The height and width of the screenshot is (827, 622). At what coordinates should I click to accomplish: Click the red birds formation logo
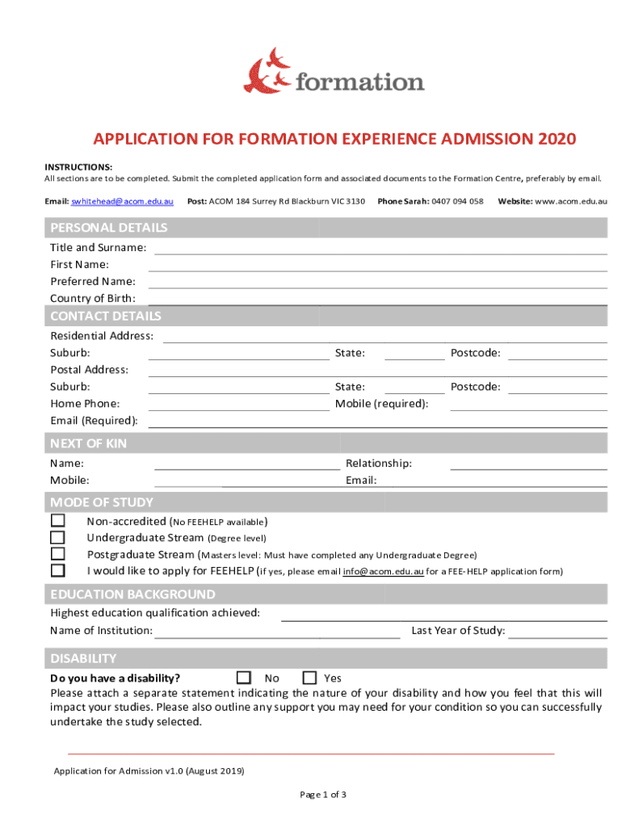(267, 70)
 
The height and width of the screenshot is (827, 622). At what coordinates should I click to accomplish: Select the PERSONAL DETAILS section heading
(109, 228)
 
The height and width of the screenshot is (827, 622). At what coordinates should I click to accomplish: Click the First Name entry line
(377, 266)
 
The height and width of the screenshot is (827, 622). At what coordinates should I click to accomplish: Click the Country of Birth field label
(93, 299)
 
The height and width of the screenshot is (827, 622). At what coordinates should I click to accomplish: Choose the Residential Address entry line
(385, 338)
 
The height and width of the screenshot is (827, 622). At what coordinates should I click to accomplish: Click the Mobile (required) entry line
(528, 405)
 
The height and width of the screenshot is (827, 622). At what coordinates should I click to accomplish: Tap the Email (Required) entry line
(377, 422)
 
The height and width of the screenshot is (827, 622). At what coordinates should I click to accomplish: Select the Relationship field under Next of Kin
(528, 464)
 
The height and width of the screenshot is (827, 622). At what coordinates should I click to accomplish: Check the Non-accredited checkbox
(57, 521)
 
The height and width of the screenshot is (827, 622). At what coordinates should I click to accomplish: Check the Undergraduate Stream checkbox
(57, 538)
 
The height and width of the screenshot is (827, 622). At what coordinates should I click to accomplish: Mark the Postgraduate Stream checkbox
(57, 554)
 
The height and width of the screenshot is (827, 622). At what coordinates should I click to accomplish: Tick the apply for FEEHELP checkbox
(57, 571)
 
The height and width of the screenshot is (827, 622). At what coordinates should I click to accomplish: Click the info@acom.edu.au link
(383, 572)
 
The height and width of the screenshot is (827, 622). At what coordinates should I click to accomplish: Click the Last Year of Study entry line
(557, 632)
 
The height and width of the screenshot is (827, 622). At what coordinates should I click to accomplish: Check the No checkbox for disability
(244, 678)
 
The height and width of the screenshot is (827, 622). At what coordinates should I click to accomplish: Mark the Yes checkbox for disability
(309, 678)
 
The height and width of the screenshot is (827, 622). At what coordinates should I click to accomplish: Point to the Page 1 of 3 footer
(323, 795)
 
